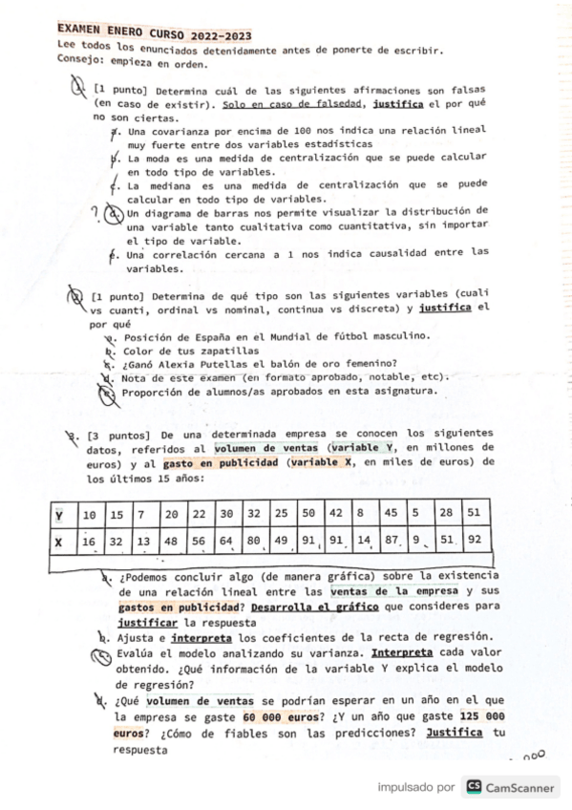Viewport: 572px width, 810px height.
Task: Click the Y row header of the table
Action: point(59,516)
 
